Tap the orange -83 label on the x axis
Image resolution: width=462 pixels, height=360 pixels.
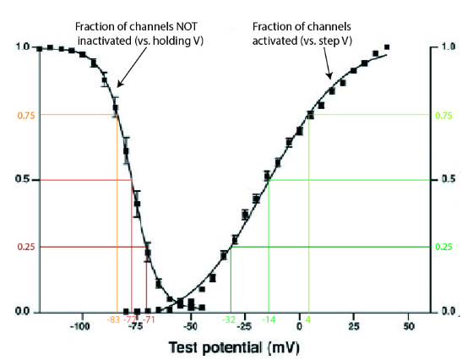pos(114,319)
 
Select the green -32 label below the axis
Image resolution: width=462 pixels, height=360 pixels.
pos(229,319)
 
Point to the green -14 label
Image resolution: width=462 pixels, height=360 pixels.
pos(269,319)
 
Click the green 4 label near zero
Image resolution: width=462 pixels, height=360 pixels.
pos(309,319)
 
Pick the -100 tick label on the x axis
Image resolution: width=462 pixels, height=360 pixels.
pos(81,326)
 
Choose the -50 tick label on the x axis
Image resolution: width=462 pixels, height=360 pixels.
pos(191,326)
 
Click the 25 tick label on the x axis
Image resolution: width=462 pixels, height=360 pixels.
pos(355,326)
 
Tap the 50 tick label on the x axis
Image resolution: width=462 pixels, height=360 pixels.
pos(409,326)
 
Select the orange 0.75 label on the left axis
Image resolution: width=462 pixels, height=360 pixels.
pos(19,115)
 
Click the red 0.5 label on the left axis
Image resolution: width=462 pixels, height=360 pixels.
pos(21,180)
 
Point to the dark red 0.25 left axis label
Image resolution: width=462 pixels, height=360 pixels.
pos(19,247)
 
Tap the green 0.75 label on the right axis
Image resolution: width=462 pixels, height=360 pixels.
pos(443,115)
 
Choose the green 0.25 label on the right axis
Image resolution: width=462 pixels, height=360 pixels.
pos(443,247)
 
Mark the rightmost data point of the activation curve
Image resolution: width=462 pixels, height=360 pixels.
pos(387,47)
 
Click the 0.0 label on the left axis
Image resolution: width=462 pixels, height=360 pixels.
pos(21,312)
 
